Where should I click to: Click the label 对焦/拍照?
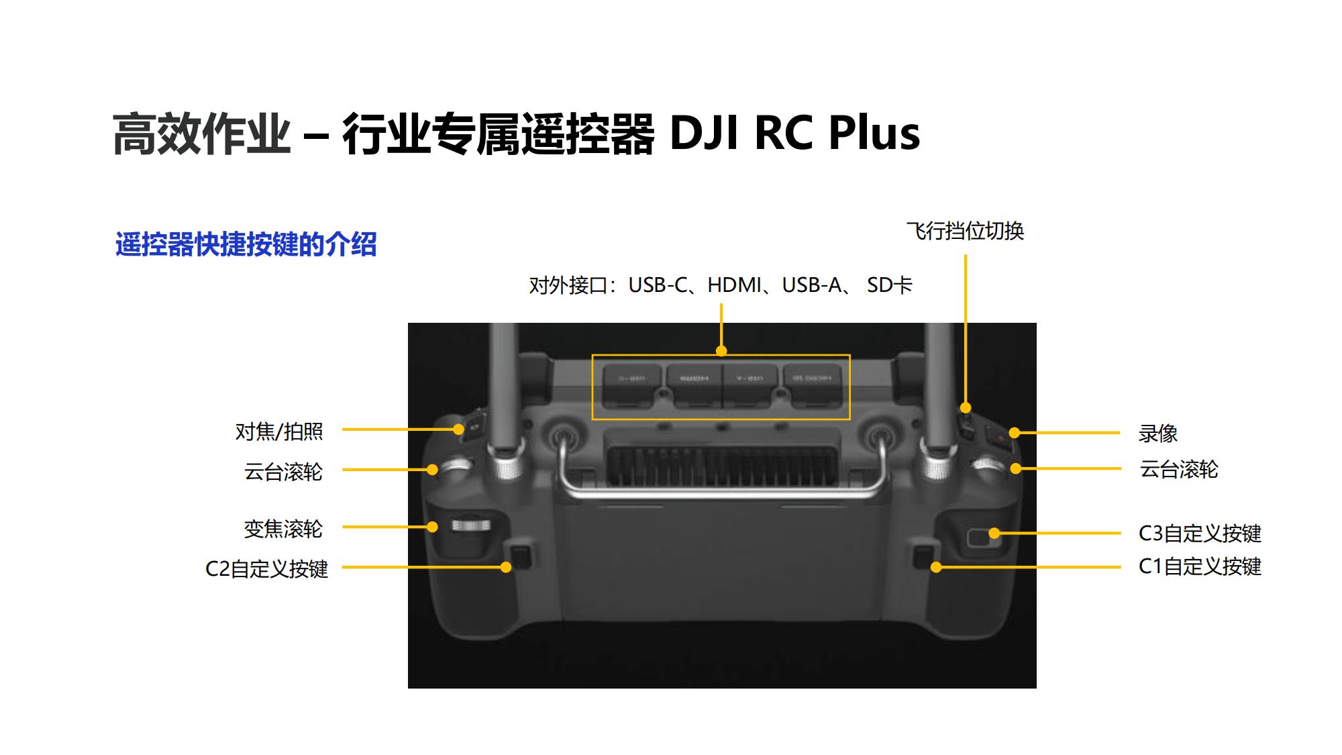[279, 432]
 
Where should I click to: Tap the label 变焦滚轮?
[283, 529]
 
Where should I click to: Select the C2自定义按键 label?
[266, 569]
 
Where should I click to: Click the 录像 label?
[1157, 434]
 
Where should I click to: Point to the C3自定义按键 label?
[1200, 534]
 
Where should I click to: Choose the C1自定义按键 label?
[1200, 566]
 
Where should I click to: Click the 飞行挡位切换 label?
[965, 231]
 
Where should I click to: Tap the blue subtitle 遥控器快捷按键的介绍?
[246, 244]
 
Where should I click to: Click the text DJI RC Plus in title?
[794, 133]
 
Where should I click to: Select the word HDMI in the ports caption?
[734, 285]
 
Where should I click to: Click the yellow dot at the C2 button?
[506, 567]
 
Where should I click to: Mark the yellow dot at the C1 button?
[936, 567]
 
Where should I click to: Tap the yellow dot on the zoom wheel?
[433, 527]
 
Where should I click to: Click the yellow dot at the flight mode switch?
[966, 407]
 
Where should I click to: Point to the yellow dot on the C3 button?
[994, 534]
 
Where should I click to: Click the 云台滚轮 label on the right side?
[1178, 469]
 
